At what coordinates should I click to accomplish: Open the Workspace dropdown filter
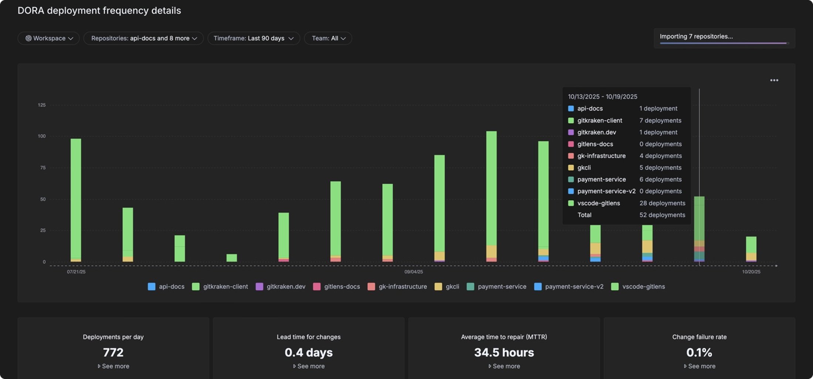click(48, 38)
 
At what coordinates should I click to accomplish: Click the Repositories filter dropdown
click(143, 38)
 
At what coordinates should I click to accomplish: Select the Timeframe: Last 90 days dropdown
click(254, 38)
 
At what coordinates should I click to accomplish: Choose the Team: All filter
click(328, 38)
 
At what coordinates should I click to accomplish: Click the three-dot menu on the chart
click(774, 80)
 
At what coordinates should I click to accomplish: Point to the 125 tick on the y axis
click(42, 105)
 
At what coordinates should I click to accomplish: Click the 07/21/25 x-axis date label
click(76, 272)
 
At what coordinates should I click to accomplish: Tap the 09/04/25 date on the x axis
click(414, 272)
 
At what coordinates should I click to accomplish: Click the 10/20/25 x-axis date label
click(751, 272)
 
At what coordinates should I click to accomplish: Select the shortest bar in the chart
click(232, 258)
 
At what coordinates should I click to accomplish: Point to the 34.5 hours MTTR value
click(504, 352)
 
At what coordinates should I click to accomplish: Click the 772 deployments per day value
click(113, 352)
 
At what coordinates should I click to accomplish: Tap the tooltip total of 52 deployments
click(662, 215)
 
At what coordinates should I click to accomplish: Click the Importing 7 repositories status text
click(696, 37)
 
